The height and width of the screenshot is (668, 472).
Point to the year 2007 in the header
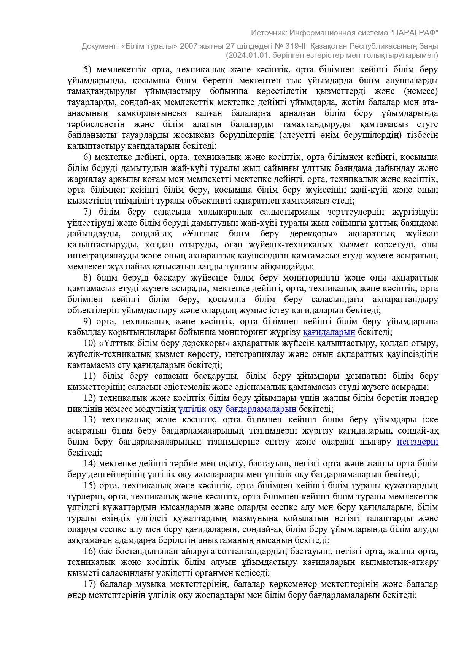point(189,46)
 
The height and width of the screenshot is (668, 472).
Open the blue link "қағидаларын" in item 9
point(329,333)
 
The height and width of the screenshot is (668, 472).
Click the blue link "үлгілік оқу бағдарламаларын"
point(237,409)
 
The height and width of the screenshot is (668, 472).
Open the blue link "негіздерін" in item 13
point(417,442)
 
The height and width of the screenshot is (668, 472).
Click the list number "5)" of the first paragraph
point(88,70)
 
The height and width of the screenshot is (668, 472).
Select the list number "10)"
point(90,343)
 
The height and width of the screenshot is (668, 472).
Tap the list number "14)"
point(90,464)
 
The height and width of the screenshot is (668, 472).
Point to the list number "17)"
point(90,584)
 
